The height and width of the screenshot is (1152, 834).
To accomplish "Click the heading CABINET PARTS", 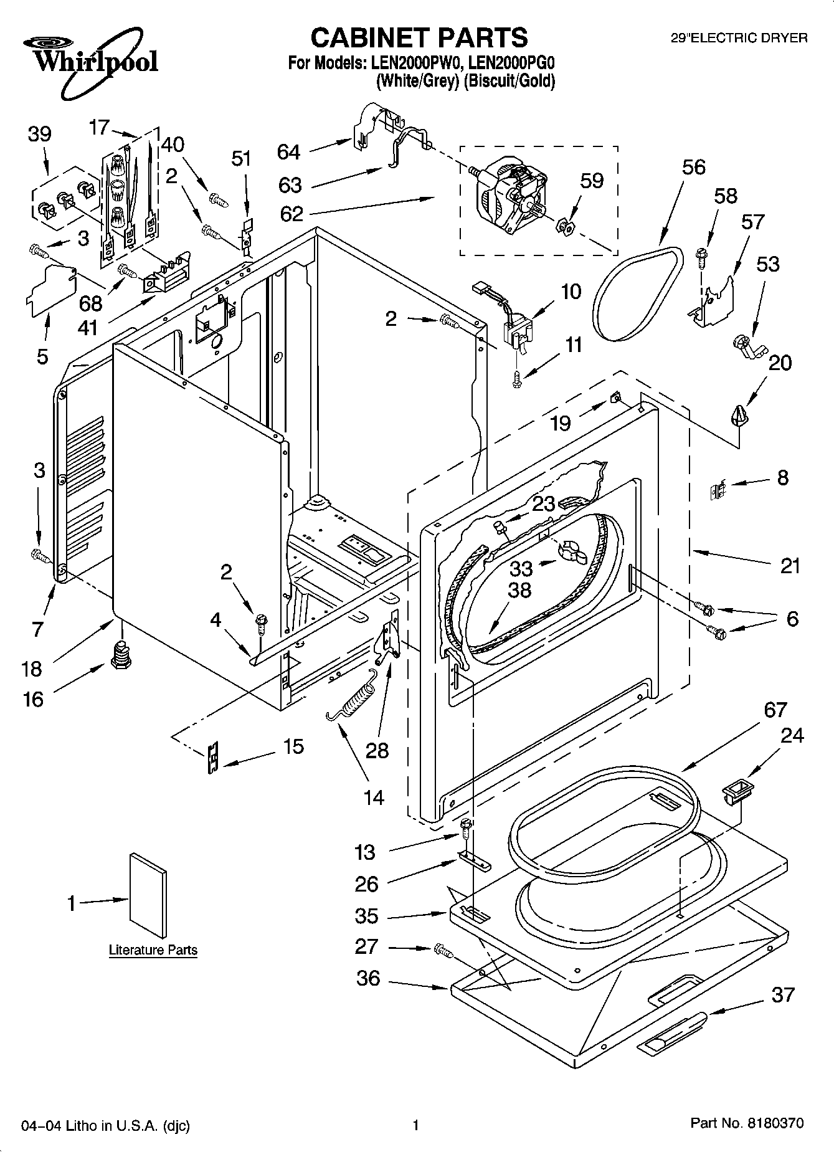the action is point(419,37).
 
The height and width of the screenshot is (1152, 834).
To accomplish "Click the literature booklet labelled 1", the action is point(148,895).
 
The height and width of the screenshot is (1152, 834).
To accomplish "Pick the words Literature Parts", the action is point(153,950).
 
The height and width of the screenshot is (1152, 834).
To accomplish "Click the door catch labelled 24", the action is point(736,793).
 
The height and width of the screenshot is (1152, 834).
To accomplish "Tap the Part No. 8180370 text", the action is point(747,1123).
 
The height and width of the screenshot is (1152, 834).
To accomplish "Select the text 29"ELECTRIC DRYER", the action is point(739,38).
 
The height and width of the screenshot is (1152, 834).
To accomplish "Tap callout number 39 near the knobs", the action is point(40,134).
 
